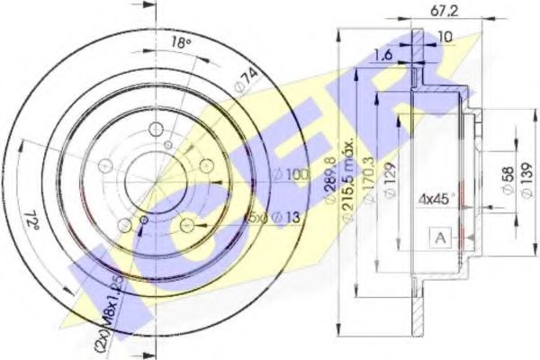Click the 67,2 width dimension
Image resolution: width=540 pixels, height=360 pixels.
tap(439, 13)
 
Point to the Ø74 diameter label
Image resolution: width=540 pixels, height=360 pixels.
tap(240, 85)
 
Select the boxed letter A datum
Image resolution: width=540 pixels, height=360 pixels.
tap(440, 238)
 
